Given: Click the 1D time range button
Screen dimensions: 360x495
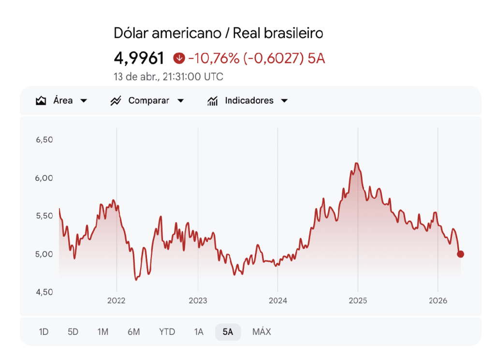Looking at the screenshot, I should click(x=44, y=332).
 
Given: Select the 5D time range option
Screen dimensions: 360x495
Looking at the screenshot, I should click(x=73, y=332).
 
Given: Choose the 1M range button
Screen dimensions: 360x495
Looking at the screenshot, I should click(x=102, y=332).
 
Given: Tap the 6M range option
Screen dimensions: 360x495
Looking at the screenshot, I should click(x=134, y=332).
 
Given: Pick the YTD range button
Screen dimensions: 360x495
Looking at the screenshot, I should click(x=167, y=332).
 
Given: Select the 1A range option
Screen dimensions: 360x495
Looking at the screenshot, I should click(x=199, y=332).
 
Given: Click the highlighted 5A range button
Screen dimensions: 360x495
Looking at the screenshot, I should click(x=228, y=332).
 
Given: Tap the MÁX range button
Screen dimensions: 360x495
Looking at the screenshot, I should click(x=262, y=332).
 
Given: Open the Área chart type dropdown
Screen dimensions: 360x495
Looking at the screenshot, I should click(x=61, y=101).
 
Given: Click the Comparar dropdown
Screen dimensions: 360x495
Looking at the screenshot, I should click(x=147, y=101).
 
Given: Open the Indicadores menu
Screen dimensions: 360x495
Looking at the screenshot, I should click(x=247, y=101).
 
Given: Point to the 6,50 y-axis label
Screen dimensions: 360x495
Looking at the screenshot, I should click(x=44, y=140).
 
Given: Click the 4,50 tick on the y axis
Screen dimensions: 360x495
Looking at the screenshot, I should click(x=44, y=292).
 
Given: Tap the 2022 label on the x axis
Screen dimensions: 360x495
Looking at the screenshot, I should click(x=116, y=301).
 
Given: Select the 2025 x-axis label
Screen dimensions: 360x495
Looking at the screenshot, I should click(x=358, y=301).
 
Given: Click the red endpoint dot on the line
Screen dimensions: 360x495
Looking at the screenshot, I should click(x=460, y=254).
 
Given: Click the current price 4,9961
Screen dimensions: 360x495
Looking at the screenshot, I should click(x=139, y=58).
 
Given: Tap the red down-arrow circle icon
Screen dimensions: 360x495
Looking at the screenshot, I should click(x=179, y=58).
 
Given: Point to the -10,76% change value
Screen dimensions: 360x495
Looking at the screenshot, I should click(x=214, y=58).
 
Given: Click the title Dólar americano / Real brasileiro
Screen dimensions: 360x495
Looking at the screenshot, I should click(x=218, y=33).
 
